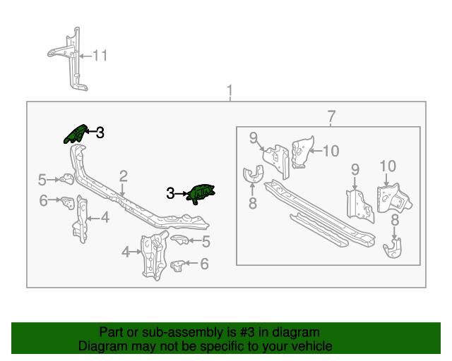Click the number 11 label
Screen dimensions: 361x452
pyautogui.click(x=100, y=56)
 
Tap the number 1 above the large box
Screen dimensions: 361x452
pyautogui.click(x=230, y=91)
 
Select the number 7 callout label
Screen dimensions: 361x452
pyautogui.click(x=331, y=116)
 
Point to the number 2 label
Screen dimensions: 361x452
pyautogui.click(x=123, y=176)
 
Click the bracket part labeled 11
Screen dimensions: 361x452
pyautogui.click(x=71, y=60)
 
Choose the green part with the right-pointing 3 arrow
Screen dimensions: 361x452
pyautogui.click(x=200, y=192)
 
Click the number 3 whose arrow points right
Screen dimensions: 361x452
pyautogui.click(x=170, y=192)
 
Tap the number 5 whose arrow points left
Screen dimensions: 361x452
pyautogui.click(x=206, y=242)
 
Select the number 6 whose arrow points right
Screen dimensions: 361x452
pyautogui.click(x=44, y=201)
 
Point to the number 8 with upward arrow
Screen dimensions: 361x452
pyautogui.click(x=252, y=204)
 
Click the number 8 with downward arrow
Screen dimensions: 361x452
pyautogui.click(x=394, y=221)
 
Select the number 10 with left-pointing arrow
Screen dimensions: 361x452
pyautogui.click(x=331, y=149)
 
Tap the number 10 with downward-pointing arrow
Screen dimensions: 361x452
pyautogui.click(x=388, y=166)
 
